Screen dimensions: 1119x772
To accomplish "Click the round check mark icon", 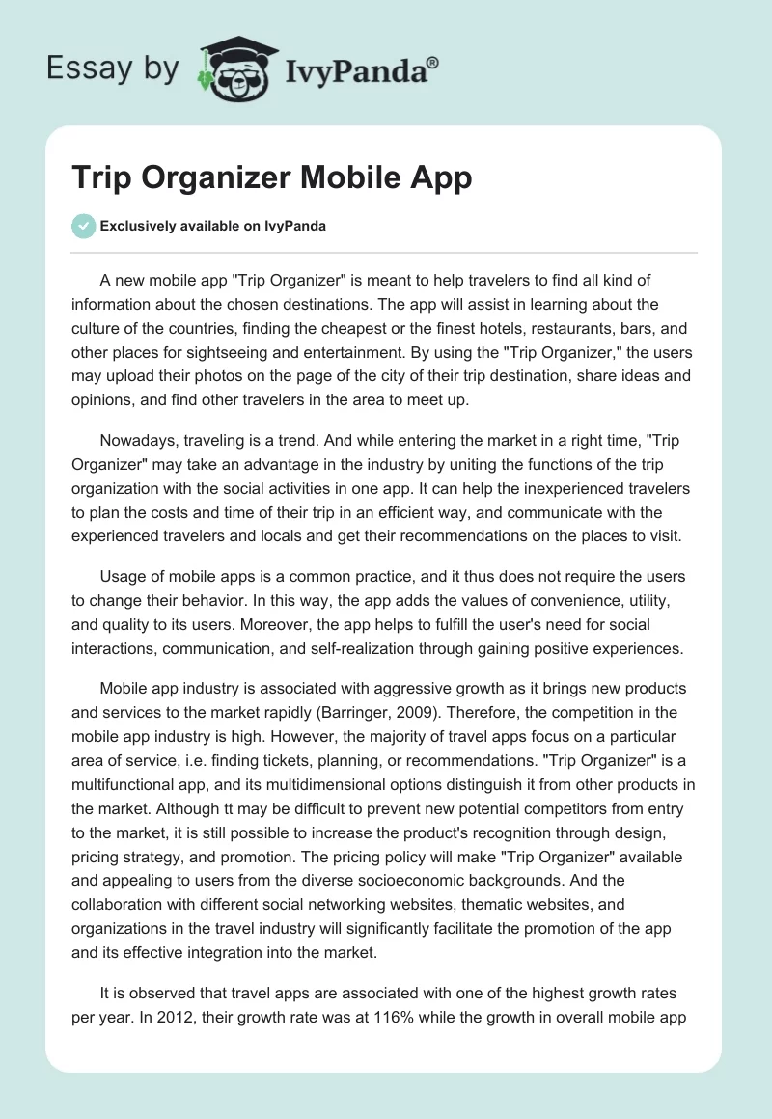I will (x=84, y=226).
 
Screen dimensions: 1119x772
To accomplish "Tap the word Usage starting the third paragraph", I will (x=124, y=577).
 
